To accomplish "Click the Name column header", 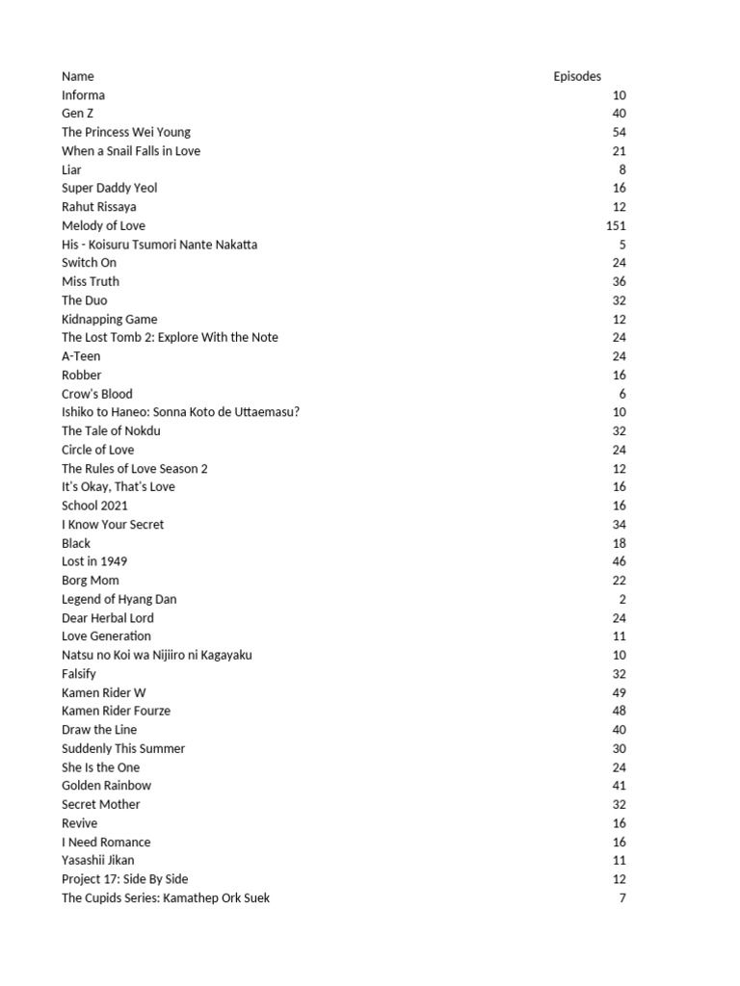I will [x=78, y=76].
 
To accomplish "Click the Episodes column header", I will [x=577, y=76].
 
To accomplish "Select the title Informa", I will [x=83, y=95].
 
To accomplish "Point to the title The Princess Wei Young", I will [x=126, y=132].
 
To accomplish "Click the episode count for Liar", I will [x=622, y=169].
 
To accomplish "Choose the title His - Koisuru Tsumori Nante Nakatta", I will [x=159, y=245].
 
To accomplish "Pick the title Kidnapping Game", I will [x=109, y=319].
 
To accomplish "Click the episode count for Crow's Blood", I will [x=622, y=394].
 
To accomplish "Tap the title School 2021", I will [x=94, y=506].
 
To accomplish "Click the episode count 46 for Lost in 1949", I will [x=619, y=561].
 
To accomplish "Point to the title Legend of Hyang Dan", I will [x=119, y=599].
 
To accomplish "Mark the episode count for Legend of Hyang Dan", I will [x=622, y=599].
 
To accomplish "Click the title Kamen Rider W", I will [x=104, y=692].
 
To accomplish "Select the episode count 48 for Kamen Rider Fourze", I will [x=619, y=711].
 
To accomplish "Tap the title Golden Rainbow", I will [x=106, y=786].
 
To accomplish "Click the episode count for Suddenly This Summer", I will [x=619, y=748].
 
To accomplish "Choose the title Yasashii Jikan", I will [x=98, y=860].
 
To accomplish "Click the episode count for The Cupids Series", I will [x=622, y=897].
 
